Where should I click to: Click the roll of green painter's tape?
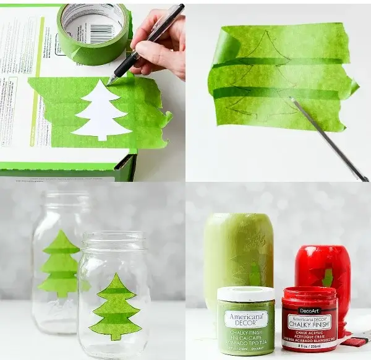coord(93,34)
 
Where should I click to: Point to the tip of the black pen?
coord(109,82)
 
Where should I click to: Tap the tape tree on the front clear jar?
coord(116,308)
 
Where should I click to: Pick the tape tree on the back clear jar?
coord(61,264)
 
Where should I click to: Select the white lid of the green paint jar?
coord(245,293)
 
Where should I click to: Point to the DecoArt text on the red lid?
coord(309,311)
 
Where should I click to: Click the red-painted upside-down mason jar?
coord(323,266)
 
